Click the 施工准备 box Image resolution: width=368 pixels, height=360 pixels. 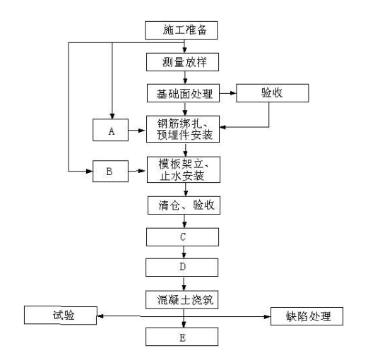tap(181, 30)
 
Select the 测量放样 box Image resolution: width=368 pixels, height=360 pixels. tap(182, 62)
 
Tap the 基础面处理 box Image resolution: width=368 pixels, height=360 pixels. tap(183, 93)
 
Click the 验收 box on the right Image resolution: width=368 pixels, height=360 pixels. tap(273, 93)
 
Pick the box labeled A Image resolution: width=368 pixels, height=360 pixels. tap(110, 130)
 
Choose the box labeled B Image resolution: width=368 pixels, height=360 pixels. tap(110, 172)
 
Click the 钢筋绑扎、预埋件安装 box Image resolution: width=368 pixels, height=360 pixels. tap(183, 129)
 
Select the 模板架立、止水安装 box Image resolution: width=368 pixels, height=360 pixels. tap(184, 169)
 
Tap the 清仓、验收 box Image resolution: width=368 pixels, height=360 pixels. tap(184, 205)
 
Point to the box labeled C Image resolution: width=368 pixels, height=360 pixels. tap(182, 237)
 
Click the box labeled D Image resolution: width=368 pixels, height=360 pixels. tap(182, 268)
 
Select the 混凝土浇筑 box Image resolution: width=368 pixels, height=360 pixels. tap(182, 300)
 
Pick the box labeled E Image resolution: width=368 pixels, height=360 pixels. tap(182, 337)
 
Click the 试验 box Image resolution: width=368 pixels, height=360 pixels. tap(61, 316)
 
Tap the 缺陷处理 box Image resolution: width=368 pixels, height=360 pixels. tap(307, 316)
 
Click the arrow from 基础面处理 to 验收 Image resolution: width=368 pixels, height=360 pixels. tap(228, 93)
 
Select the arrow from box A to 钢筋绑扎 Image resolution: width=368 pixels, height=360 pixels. tap(137, 130)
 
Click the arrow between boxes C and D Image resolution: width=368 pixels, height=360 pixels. tap(184, 252)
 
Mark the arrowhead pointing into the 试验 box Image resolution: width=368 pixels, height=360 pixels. tap(100, 316)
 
